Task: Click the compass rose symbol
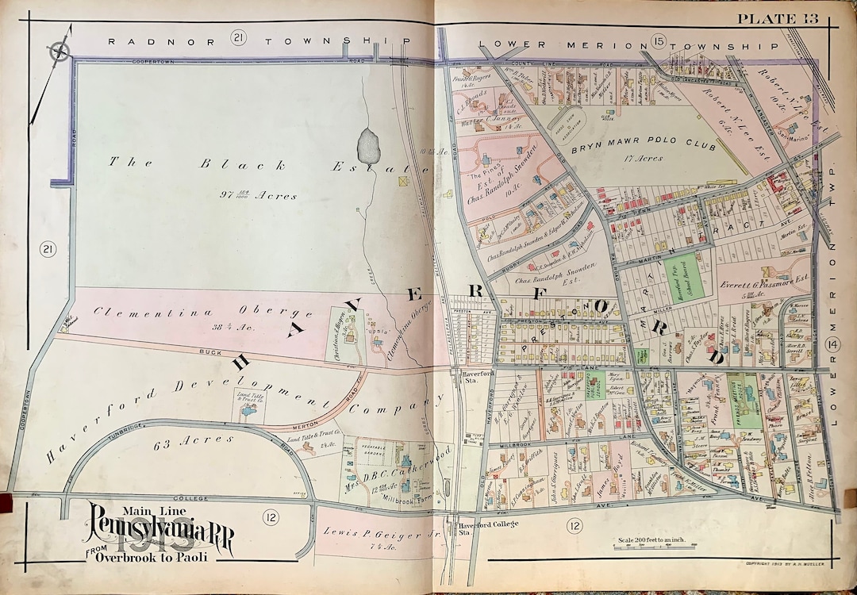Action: (60, 51)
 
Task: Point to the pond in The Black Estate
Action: (368, 145)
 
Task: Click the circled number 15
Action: (658, 40)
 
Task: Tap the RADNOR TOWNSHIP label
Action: (259, 40)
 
